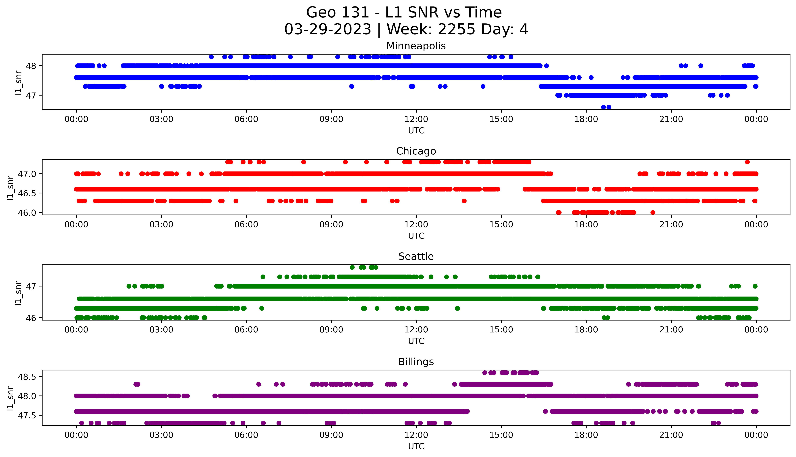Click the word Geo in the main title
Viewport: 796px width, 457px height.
tap(321, 13)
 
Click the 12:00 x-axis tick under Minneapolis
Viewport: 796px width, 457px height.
tap(416, 119)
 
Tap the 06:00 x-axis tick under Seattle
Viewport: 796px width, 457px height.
tap(246, 330)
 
